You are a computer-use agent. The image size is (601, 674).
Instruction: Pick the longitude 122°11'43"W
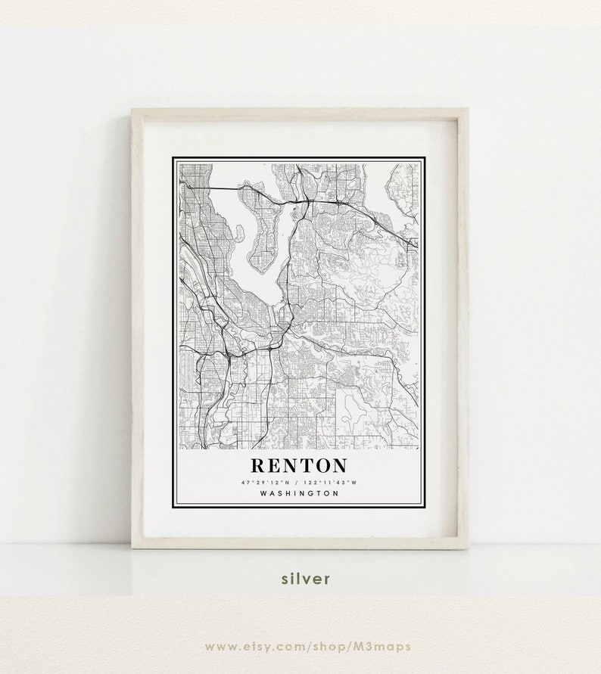331,482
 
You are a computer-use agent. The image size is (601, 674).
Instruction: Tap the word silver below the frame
305,579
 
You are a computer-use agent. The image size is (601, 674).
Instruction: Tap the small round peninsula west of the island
238,235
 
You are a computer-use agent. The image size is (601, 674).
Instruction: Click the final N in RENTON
338,464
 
